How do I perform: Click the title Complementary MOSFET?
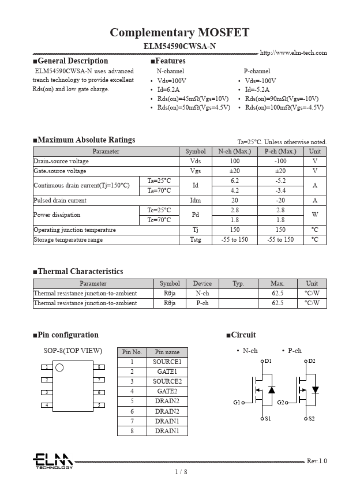click(x=179, y=32)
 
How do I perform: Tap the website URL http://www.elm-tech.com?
click(x=293, y=52)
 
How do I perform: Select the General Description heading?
click(x=72, y=61)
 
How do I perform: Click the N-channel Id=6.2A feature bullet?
click(x=168, y=90)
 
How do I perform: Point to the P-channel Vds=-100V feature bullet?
click(x=260, y=81)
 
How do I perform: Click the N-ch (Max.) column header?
click(x=234, y=151)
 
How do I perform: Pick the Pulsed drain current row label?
click(x=60, y=200)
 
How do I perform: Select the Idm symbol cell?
click(x=195, y=200)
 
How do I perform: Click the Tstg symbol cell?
click(x=195, y=239)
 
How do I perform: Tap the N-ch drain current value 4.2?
click(x=234, y=190)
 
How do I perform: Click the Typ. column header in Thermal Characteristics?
click(x=238, y=283)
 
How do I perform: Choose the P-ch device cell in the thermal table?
click(x=202, y=303)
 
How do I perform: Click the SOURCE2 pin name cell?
click(x=167, y=381)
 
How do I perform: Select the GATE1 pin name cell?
click(x=167, y=372)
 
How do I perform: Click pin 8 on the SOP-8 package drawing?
click(x=100, y=367)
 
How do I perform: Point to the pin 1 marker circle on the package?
click(x=59, y=367)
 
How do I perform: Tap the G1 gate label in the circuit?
click(x=237, y=402)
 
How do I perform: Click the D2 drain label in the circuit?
click(x=312, y=361)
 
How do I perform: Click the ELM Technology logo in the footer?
click(x=52, y=461)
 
